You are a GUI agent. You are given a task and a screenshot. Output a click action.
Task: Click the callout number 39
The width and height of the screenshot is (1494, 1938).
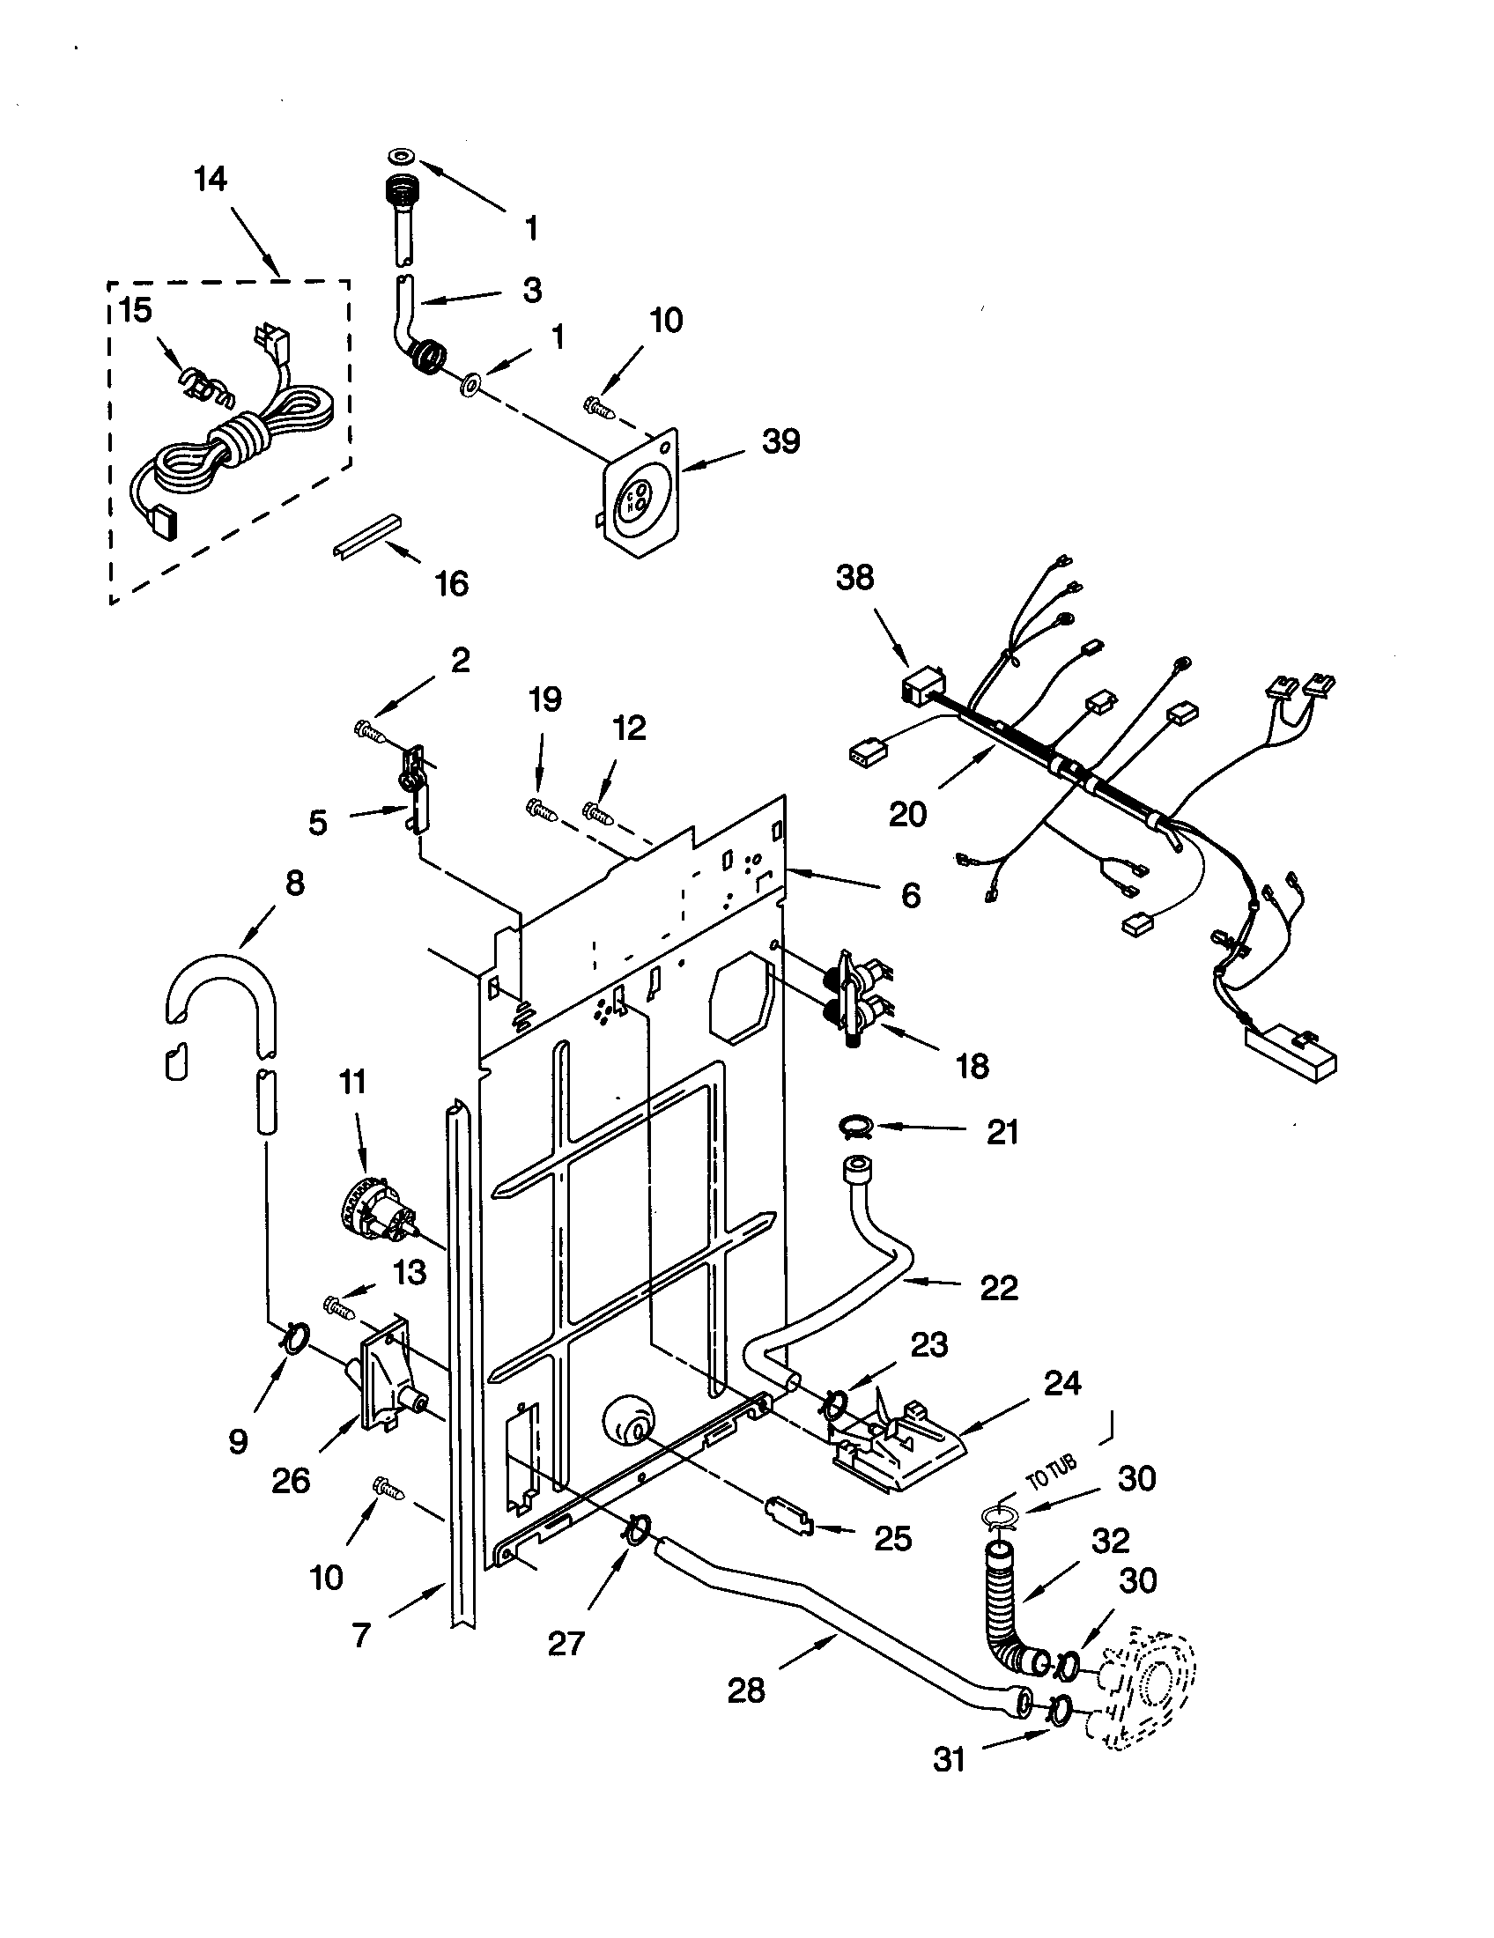[780, 441]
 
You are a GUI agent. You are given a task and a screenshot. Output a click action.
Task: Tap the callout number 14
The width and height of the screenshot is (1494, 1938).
[211, 179]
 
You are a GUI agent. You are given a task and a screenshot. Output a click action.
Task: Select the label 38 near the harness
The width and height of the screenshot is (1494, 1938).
[854, 578]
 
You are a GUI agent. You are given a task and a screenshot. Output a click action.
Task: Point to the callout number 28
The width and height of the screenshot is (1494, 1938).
[745, 1690]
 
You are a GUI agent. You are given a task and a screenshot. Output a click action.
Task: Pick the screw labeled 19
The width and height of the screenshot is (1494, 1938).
[539, 808]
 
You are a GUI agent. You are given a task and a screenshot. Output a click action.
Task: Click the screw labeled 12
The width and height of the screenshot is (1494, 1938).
[598, 810]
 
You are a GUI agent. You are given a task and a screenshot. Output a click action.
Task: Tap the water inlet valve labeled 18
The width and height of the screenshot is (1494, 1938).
[856, 997]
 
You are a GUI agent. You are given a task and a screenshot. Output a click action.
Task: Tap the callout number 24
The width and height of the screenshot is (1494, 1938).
[1062, 1382]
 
